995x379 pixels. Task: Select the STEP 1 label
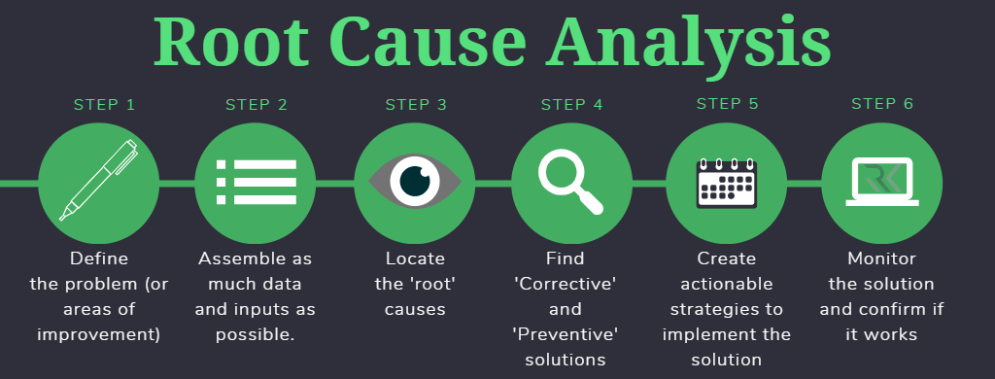pyautogui.click(x=104, y=104)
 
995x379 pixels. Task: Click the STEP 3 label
pyautogui.click(x=416, y=104)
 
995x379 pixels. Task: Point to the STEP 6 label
pyautogui.click(x=882, y=104)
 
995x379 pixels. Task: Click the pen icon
pyautogui.click(x=99, y=180)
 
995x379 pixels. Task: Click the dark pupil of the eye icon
pyautogui.click(x=416, y=182)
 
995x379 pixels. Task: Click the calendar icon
pyautogui.click(x=727, y=182)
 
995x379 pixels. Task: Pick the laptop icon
pyautogui.click(x=883, y=182)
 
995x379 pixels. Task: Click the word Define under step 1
pyautogui.click(x=99, y=259)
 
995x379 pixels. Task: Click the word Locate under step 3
pyautogui.click(x=415, y=259)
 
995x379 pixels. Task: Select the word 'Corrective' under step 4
pyautogui.click(x=566, y=285)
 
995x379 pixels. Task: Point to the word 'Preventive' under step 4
pyautogui.click(x=566, y=334)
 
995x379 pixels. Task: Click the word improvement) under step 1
pyautogui.click(x=99, y=335)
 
